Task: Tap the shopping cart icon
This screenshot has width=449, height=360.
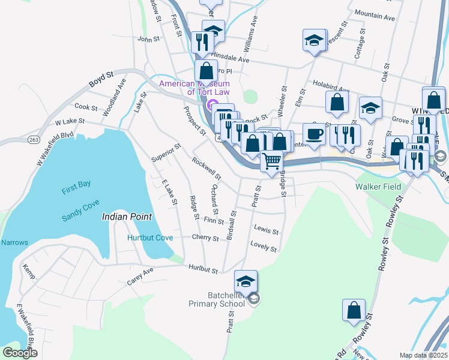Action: [x=272, y=160]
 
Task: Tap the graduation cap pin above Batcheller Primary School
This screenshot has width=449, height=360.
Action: [x=246, y=281]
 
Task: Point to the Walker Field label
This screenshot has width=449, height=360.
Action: [x=378, y=187]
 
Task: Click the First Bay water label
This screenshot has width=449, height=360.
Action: [x=76, y=191]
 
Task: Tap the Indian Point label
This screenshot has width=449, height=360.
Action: [x=127, y=216]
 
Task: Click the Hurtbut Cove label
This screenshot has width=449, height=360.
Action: [x=150, y=238]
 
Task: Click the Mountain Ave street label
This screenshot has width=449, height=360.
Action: [x=375, y=15]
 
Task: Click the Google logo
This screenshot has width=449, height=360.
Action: [x=20, y=353]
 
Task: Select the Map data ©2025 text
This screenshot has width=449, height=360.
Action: [x=423, y=355]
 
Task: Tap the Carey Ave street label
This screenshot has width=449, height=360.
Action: [x=140, y=276]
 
